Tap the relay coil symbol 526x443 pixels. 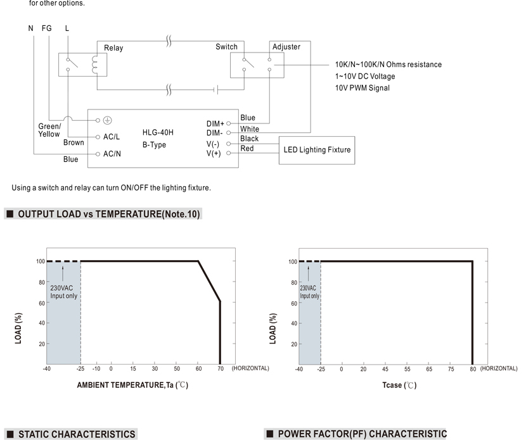pos(94,65)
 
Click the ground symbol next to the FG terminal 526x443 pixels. pos(107,120)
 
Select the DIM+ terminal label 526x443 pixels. pos(215,123)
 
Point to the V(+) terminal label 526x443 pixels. pos(214,154)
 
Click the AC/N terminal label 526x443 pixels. pos(112,154)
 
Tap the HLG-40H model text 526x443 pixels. pos(158,132)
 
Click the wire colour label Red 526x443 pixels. pos(247,149)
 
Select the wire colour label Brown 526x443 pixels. pos(74,142)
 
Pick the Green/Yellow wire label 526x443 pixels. pos(49,130)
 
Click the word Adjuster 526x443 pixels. pos(286,47)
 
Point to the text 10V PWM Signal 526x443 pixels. pos(362,88)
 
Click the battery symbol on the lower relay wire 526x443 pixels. pos(215,90)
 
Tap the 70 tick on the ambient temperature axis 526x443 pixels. pos(221,368)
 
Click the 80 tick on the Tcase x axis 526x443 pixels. pos(473,369)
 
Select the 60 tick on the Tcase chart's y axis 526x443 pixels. pos(294,303)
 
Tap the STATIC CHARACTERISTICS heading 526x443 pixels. pos(77,434)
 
